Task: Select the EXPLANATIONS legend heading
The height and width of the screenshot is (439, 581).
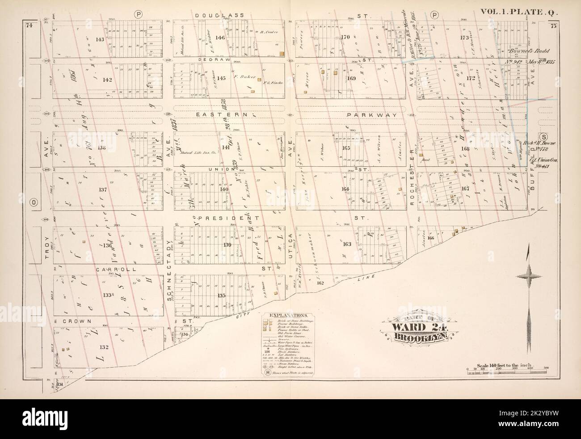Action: coord(289,315)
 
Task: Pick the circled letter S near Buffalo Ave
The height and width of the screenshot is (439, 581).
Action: coord(544,136)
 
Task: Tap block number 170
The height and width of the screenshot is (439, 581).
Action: coord(344,38)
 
